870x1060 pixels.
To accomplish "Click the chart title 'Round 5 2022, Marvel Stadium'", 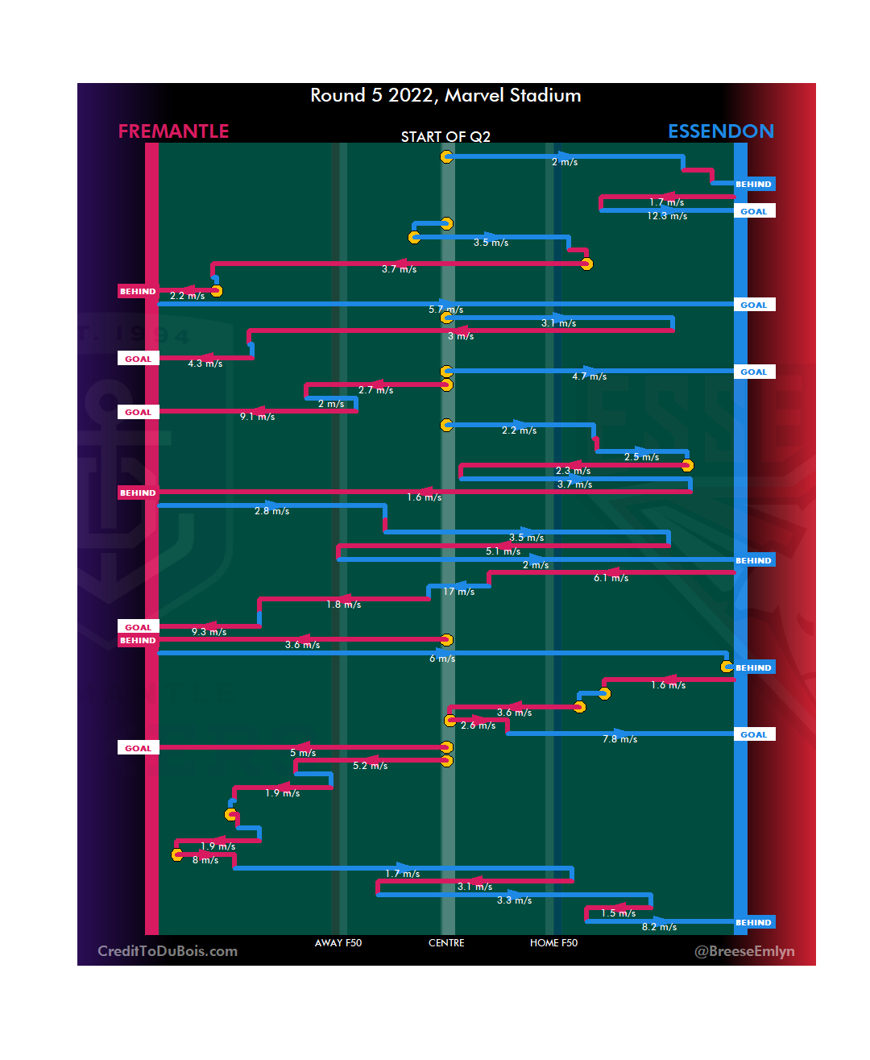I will point(445,95).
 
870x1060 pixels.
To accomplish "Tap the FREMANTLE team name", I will point(173,131).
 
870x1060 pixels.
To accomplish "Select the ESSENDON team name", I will point(721,131).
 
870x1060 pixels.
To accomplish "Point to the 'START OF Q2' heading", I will point(445,137).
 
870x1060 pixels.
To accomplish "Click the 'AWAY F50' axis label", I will point(338,943).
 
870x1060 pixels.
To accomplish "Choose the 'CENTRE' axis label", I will point(446,943).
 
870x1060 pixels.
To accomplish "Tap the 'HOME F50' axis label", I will point(553,943).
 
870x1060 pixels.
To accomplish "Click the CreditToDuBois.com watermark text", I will point(168,951).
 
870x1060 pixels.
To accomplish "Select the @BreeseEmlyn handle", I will point(744,951).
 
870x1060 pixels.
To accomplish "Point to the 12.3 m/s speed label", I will point(667,216).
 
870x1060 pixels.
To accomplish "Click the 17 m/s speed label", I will point(459,592).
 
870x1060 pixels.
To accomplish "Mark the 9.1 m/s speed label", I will point(258,417).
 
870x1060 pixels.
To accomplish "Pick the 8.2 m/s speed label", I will point(659,927).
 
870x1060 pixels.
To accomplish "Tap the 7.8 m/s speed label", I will point(620,739).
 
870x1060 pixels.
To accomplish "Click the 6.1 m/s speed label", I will point(611,578).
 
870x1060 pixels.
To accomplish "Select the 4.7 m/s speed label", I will point(590,376).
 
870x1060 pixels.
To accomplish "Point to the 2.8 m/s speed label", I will point(272,511).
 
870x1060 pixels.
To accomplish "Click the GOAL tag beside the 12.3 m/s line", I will point(754,211).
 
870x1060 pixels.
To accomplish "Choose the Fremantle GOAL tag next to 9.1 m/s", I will point(138,412).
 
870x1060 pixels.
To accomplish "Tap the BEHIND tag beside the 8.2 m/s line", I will point(754,922).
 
